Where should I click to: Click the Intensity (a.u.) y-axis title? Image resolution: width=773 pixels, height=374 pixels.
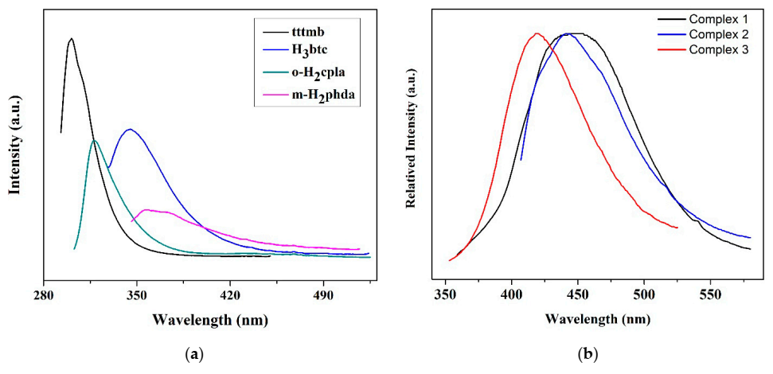(14, 145)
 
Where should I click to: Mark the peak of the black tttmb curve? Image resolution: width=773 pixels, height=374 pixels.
(72, 38)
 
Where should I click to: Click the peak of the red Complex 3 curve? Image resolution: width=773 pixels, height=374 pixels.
(537, 33)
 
